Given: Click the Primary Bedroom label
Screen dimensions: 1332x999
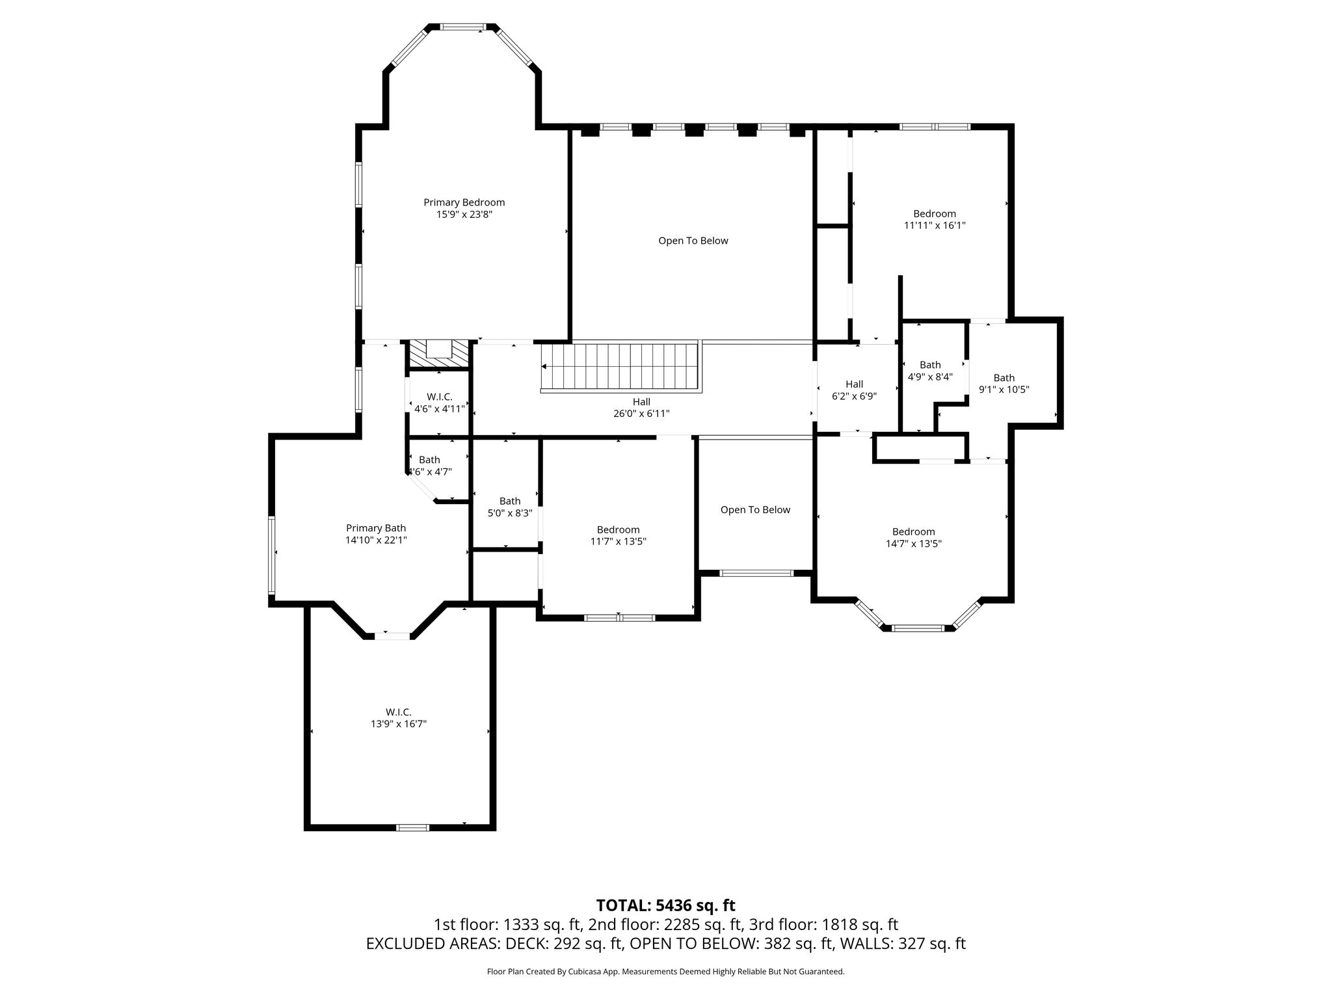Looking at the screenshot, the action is click(464, 202).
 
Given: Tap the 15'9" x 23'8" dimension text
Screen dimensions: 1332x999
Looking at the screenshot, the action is click(464, 214).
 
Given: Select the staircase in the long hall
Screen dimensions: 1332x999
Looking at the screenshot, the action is click(620, 367).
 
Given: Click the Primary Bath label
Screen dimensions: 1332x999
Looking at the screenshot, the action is click(376, 528).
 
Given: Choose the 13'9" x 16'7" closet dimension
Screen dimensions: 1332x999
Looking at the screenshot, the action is click(399, 724).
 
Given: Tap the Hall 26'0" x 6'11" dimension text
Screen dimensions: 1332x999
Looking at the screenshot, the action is click(641, 414).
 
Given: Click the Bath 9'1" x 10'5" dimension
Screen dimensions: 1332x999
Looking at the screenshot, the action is click(1004, 390).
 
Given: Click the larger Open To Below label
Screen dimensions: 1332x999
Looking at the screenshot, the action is click(693, 241).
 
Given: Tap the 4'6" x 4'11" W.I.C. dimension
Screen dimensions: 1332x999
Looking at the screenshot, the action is click(440, 409).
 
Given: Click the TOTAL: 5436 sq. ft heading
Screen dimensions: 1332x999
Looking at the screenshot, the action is click(666, 905).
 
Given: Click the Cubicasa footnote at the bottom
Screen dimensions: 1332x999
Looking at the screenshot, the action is click(666, 972).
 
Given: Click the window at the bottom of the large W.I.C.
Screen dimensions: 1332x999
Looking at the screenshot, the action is click(413, 827).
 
